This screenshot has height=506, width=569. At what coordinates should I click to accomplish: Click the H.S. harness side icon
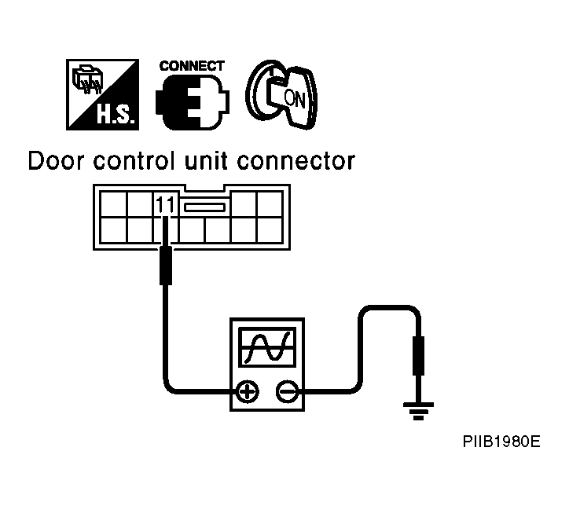coord(102,94)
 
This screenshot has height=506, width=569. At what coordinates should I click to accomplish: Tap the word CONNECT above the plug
coord(192,66)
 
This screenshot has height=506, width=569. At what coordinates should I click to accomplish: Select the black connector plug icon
coord(193,103)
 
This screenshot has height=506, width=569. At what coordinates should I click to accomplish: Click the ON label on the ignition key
coord(294,98)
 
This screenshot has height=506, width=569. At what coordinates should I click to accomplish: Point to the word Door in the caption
coord(57,161)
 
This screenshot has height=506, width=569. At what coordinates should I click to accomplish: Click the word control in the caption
coord(134,161)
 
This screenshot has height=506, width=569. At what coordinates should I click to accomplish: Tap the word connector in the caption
coord(296,161)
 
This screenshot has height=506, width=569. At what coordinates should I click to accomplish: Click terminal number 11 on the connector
coord(165,204)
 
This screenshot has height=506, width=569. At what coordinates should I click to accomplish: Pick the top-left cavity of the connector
coord(113,204)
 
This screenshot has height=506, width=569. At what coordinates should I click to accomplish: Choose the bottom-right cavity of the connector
coord(270,230)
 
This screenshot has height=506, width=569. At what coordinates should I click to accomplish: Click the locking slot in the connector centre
coord(204,207)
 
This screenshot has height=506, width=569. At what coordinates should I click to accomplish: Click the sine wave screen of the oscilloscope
coord(267,347)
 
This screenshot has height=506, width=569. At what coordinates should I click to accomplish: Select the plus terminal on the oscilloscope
coord(248,392)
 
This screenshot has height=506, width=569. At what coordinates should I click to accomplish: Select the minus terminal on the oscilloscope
coord(288,392)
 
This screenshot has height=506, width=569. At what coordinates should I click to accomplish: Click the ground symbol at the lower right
coord(418,411)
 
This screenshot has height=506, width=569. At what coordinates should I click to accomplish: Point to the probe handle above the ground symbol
coord(418,355)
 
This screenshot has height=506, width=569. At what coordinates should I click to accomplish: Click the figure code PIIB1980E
coord(501,442)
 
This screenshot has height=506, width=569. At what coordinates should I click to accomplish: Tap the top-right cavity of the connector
coord(270,204)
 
